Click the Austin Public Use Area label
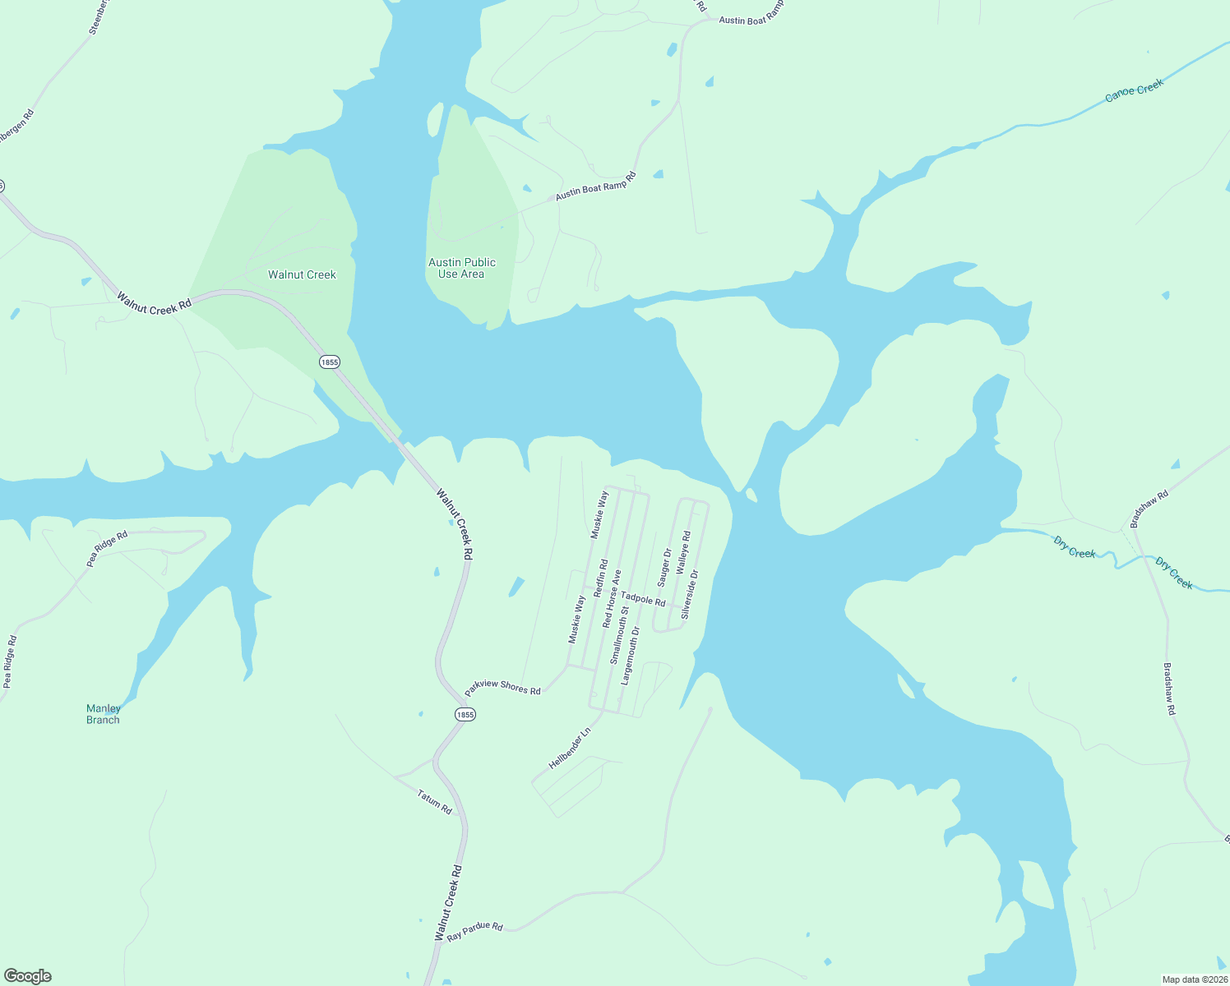[462, 268]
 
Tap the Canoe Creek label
[1134, 90]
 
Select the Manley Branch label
[103, 714]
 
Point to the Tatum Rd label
[434, 802]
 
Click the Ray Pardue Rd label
[474, 931]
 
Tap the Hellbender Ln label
[570, 749]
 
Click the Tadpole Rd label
[643, 599]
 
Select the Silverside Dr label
[689, 594]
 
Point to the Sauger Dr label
[664, 567]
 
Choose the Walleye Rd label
[683, 552]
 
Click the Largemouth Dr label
[630, 656]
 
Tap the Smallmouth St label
[619, 635]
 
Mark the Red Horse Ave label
[612, 599]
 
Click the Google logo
[28, 976]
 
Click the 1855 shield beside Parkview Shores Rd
[465, 714]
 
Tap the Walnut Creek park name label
[302, 274]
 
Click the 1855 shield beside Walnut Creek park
[329, 362]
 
